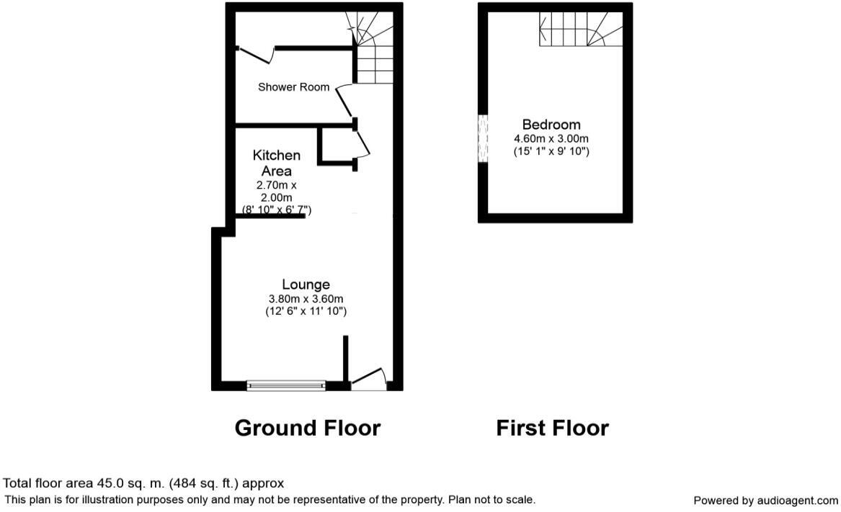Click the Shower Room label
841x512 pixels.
point(293,87)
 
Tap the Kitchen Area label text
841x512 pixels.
point(276,163)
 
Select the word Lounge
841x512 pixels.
point(306,284)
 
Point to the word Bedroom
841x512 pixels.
point(551,125)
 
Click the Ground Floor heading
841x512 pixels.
point(308,428)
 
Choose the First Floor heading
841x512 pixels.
point(553,428)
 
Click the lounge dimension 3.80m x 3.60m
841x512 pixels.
point(306,299)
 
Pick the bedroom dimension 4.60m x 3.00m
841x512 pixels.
point(551,138)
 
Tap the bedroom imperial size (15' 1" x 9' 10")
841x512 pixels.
point(551,151)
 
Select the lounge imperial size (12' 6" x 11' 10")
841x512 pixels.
point(306,311)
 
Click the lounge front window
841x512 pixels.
point(286,385)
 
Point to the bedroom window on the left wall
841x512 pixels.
point(484,138)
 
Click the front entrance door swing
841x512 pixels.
point(368,378)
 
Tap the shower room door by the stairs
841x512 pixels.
point(344,101)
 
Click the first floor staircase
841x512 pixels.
point(581,29)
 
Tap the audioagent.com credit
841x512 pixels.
point(765,500)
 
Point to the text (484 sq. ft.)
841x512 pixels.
point(204,484)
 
